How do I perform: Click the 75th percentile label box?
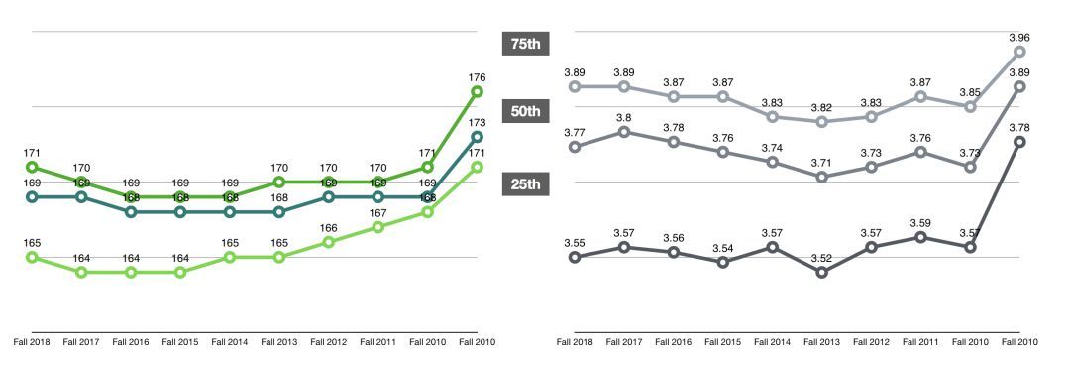click(524, 44)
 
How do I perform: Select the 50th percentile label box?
click(524, 111)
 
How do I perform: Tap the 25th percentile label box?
click(524, 183)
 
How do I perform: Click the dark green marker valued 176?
click(477, 92)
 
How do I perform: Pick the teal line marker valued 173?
click(477, 137)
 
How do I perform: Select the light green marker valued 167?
click(377, 227)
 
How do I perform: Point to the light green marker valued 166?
click(329, 242)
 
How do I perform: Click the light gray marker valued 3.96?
click(1019, 52)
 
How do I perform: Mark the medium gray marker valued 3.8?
click(623, 132)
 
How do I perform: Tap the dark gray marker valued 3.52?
click(821, 272)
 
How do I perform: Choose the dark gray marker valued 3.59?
click(920, 237)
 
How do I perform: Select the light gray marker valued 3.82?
click(821, 122)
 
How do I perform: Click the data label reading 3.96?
click(1019, 37)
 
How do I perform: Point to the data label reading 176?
click(477, 77)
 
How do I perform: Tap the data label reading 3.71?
click(821, 162)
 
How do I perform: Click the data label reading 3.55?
click(575, 242)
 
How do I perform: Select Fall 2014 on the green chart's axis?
click(230, 342)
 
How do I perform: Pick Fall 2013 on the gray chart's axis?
click(821, 342)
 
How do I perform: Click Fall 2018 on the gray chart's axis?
click(575, 342)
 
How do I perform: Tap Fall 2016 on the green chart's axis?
click(131, 342)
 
